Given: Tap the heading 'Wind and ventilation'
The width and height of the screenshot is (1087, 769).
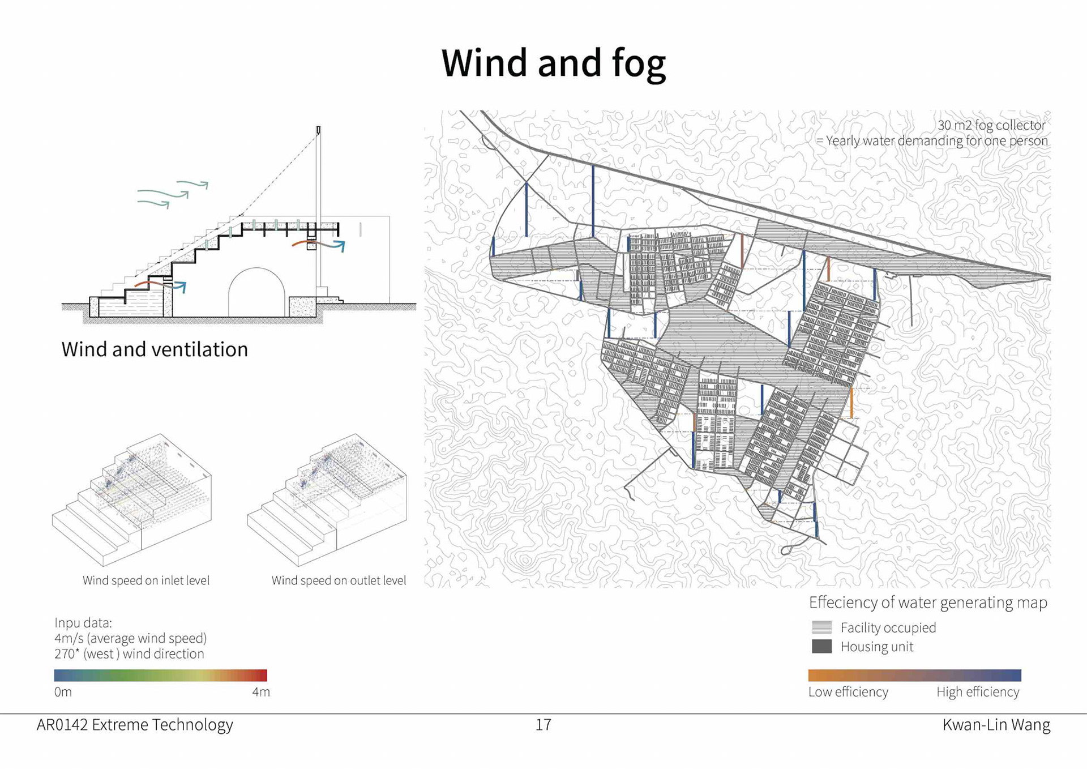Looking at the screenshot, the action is click(x=155, y=349).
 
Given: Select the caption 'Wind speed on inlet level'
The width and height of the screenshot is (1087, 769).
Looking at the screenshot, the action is click(x=146, y=580).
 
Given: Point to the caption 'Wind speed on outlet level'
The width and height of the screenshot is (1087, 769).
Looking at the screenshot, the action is click(x=339, y=580).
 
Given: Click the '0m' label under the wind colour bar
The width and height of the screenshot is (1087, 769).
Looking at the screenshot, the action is click(x=63, y=692).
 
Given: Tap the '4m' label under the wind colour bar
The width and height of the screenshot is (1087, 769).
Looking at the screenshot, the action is click(x=261, y=692).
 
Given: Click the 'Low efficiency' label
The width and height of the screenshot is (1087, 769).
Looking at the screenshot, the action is click(x=848, y=692).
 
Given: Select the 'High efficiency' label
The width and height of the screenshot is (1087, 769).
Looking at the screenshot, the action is click(x=978, y=692).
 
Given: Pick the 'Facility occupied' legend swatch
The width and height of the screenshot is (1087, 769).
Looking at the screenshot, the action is click(x=821, y=627).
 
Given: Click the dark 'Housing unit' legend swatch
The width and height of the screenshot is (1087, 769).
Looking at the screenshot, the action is click(x=821, y=646).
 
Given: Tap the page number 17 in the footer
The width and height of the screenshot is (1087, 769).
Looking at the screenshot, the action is click(x=543, y=725).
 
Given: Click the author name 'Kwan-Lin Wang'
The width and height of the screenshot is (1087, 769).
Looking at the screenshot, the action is click(x=996, y=725).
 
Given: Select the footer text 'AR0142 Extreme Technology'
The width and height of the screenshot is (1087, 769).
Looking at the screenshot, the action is click(x=135, y=725).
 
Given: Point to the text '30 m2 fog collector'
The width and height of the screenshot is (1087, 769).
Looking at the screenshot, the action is click(x=991, y=125).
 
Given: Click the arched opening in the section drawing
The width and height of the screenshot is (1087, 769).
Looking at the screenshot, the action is click(x=256, y=294).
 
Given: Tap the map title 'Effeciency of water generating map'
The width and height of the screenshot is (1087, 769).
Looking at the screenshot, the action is click(x=928, y=603).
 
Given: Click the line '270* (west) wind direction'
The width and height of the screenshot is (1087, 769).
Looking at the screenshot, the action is click(x=129, y=654).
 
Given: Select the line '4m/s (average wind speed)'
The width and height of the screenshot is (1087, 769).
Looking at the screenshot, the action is click(x=130, y=638).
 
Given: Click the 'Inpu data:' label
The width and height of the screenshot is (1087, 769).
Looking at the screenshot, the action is click(x=83, y=623).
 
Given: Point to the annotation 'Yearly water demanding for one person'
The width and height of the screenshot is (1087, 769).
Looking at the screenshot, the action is click(x=936, y=140).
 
